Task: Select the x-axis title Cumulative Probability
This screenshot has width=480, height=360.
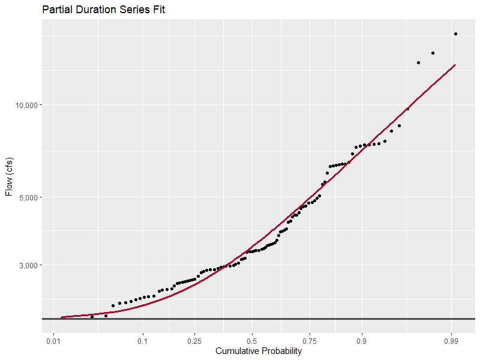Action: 259,352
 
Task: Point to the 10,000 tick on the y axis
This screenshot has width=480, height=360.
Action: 26,105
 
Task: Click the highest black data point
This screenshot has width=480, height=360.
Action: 456,34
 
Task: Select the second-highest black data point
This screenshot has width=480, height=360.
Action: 433,53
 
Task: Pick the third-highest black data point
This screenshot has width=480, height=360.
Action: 418,62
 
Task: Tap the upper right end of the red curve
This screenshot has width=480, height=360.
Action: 455,65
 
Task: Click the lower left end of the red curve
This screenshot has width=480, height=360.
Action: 62,317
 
